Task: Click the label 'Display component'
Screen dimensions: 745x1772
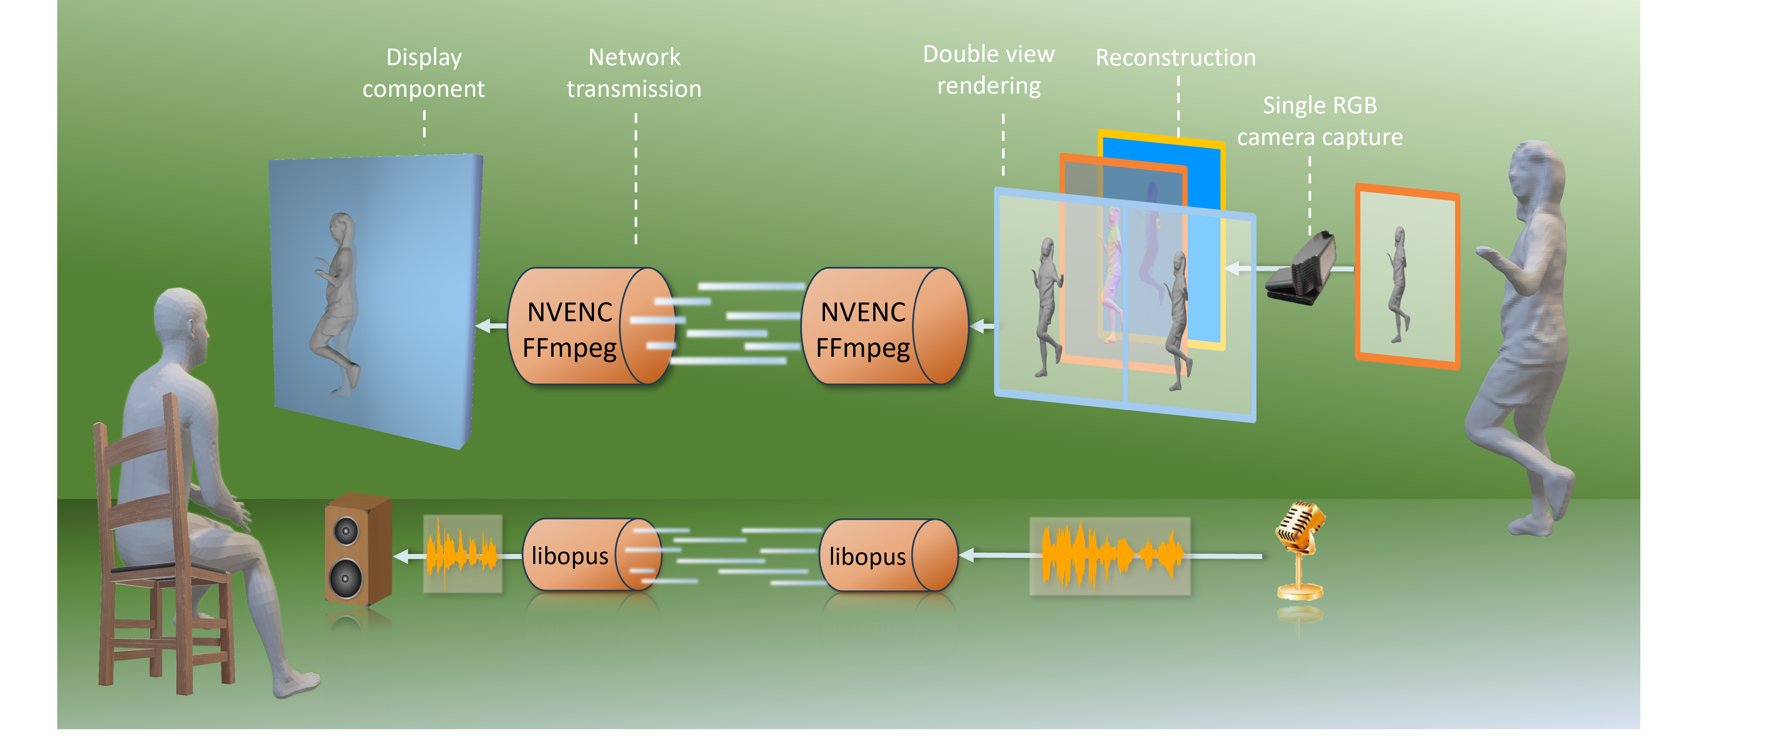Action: pos(424,73)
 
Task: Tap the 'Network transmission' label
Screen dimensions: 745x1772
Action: pos(634,73)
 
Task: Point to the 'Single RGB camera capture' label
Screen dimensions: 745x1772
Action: pos(1319,122)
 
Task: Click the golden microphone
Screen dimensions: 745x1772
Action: pos(1300,550)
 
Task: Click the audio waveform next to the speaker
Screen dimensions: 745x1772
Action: pos(462,554)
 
